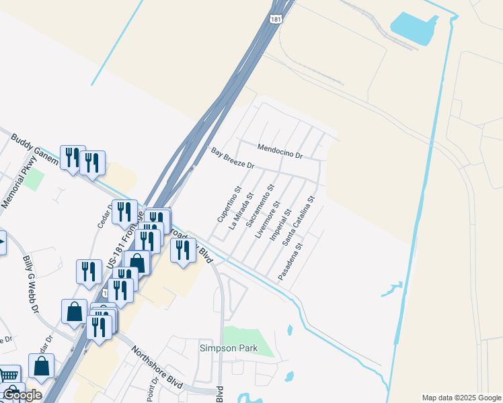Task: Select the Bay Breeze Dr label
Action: tap(233, 159)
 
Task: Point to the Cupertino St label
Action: tap(229, 204)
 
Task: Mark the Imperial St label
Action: tap(280, 225)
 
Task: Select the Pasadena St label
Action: tap(291, 261)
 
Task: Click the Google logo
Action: tap(22, 395)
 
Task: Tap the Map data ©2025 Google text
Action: tap(461, 398)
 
